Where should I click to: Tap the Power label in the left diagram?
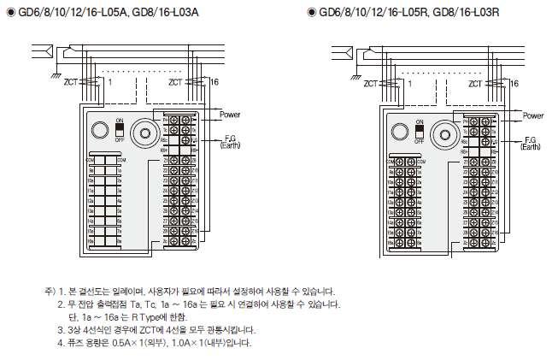pos(230,115)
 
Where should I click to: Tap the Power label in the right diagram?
pos(532,115)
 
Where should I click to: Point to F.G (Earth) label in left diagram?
pos(230,141)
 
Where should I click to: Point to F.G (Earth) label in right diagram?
pos(531,143)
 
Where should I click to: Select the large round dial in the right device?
pos(443,133)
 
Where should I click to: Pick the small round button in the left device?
pos(98,131)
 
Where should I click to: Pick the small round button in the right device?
pos(397,132)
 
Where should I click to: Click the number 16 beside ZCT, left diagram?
pos(202,82)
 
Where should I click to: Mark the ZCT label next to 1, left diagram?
pos(72,82)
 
